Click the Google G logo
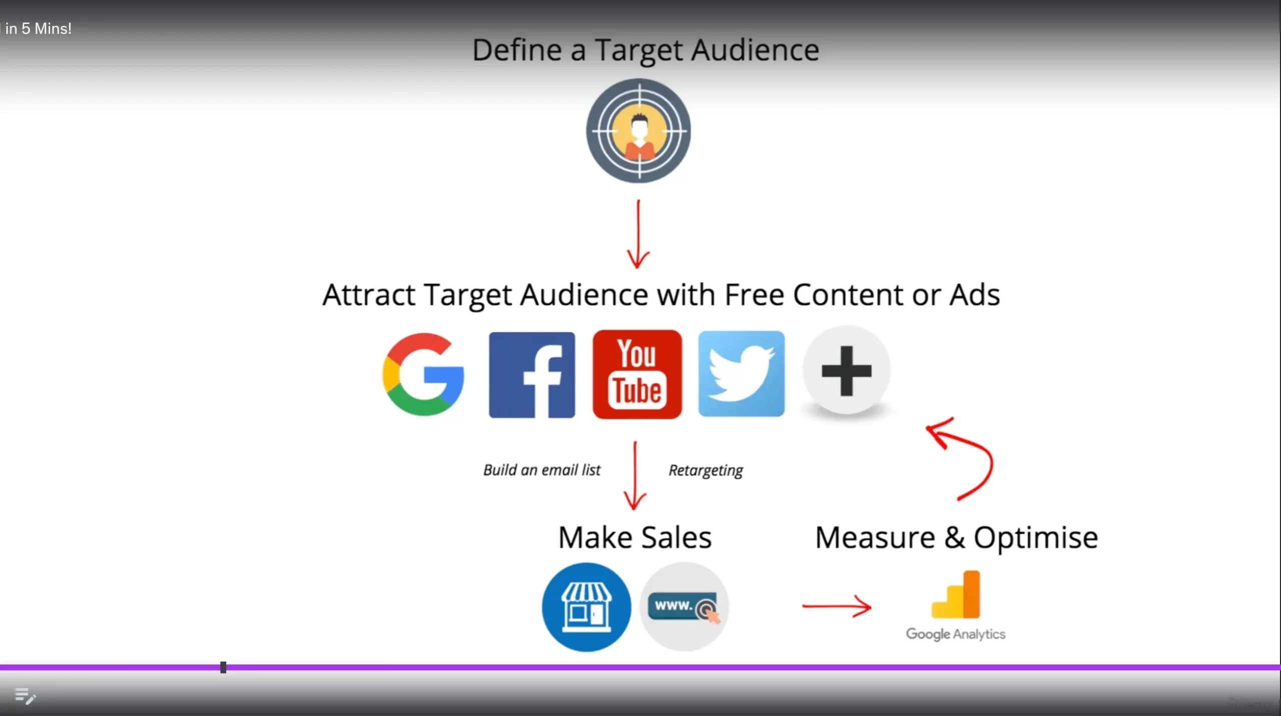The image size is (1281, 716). click(423, 374)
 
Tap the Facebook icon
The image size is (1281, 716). click(532, 374)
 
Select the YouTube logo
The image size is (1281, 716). click(637, 374)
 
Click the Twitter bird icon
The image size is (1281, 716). click(742, 373)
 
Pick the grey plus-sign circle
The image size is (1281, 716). click(847, 370)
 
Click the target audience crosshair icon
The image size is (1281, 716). click(638, 130)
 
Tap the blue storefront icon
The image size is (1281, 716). click(586, 607)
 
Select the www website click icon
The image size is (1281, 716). click(684, 606)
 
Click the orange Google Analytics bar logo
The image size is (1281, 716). click(956, 594)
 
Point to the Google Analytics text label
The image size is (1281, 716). click(956, 634)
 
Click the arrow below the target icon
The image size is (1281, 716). click(638, 234)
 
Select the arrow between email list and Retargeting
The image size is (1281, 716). click(635, 475)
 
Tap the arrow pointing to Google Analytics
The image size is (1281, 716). click(837, 606)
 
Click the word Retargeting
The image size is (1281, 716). click(706, 470)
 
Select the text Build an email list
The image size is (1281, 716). click(541, 470)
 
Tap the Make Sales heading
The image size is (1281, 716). click(634, 537)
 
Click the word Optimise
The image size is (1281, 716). click(1036, 538)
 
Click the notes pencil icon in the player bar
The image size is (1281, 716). click(25, 696)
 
